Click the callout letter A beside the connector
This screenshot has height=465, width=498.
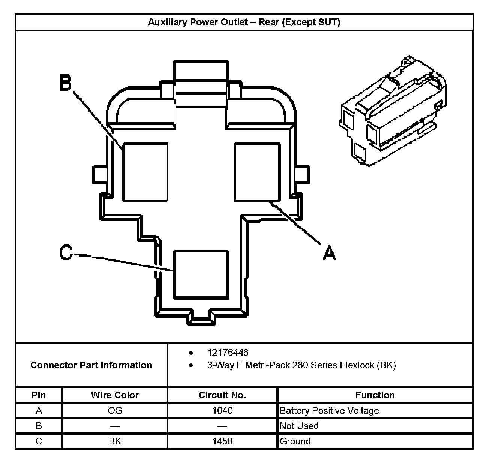point(329,252)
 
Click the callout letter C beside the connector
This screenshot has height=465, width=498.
point(66,252)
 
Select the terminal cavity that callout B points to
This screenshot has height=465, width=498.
point(145,172)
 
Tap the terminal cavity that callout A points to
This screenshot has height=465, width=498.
point(257,172)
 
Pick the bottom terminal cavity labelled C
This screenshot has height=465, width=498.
point(201,274)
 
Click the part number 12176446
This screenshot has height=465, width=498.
point(228,352)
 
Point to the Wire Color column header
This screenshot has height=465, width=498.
point(115,395)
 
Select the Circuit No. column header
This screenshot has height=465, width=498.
point(222,395)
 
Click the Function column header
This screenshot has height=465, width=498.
point(375,395)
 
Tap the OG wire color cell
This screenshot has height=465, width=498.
point(115,411)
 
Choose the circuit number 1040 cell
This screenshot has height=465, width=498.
point(222,411)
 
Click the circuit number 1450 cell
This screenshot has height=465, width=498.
point(222,441)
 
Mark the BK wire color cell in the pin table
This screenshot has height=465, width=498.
point(115,441)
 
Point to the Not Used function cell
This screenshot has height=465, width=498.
point(299,426)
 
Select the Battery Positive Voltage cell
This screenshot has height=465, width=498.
point(329,411)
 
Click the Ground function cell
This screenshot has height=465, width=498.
point(295,441)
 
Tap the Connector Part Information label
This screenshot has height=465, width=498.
point(91,365)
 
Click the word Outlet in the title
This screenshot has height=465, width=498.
point(232,22)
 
